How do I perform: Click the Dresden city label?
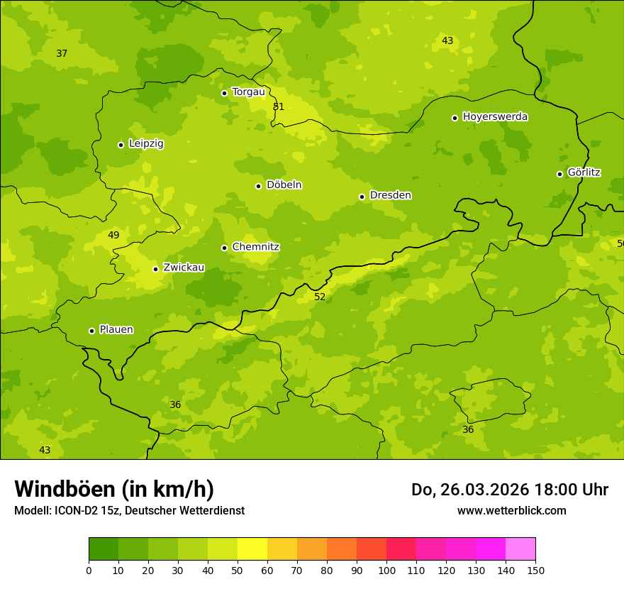[390, 195]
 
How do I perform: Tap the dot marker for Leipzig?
[121, 145]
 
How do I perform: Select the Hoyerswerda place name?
[495, 116]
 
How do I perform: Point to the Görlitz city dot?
[559, 174]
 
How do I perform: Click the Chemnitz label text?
[255, 247]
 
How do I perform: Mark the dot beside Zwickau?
[155, 269]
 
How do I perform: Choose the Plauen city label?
[116, 329]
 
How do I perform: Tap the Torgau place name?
[248, 92]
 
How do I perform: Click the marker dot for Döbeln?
[258, 186]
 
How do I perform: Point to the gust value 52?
[320, 297]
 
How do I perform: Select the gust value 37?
[62, 53]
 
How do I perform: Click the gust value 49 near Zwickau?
[113, 235]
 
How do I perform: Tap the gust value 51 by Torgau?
[279, 106]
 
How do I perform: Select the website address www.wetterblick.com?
[511, 510]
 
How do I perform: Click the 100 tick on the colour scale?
[386, 570]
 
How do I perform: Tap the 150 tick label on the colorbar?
[535, 570]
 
